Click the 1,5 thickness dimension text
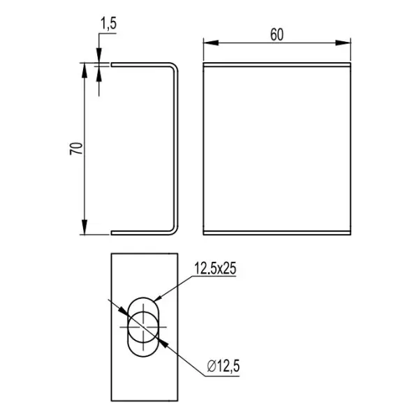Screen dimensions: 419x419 click(108, 24)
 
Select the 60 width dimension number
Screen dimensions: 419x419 click(277, 35)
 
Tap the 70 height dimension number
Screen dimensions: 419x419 click(76, 149)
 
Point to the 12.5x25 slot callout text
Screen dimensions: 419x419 click(215, 268)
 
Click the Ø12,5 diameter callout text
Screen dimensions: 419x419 click(223, 366)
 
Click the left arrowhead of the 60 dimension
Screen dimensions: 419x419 click(211, 43)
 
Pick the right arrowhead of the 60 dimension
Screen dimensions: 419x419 click(343, 43)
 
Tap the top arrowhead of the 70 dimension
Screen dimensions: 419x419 click(84, 71)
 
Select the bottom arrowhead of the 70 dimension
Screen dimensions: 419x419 click(84, 227)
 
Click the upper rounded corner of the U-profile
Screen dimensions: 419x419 click(174, 66)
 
